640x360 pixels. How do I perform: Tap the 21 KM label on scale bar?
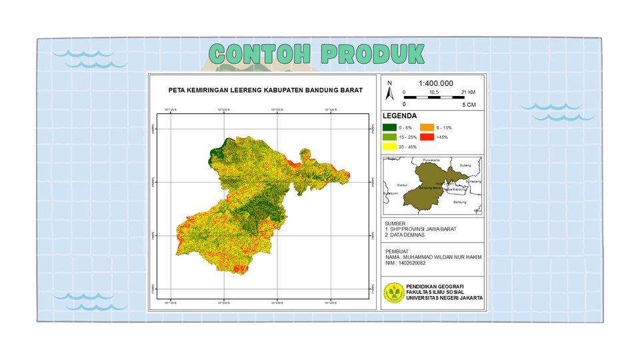coord(468,92)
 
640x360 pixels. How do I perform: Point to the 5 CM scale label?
coord(469,105)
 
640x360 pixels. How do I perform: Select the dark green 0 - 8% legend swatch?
coord(389,127)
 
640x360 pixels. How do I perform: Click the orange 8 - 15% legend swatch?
coord(427,127)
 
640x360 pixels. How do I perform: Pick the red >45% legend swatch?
coord(427,137)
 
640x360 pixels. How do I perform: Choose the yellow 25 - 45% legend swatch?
coord(389,147)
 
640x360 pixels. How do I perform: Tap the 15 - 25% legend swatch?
coord(389,137)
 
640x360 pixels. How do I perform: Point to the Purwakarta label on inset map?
coord(431,160)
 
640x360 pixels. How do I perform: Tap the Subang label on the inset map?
coord(465,165)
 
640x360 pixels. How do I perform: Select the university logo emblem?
coord(393,292)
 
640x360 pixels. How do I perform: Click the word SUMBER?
coord(396,223)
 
